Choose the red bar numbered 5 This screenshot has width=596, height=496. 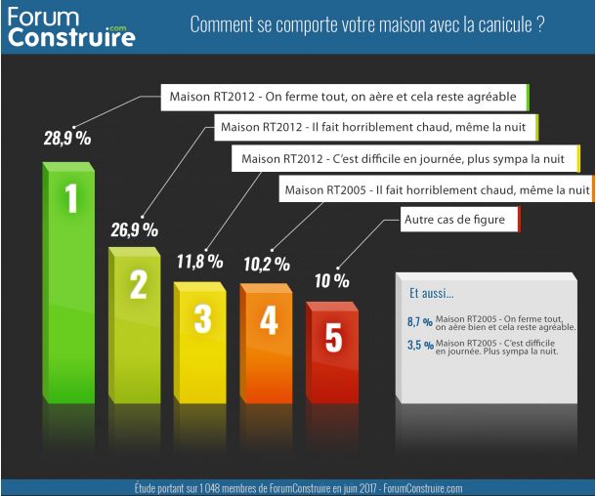[x=333, y=351]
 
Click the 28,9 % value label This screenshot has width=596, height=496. [x=66, y=138]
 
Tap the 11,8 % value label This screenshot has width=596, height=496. [x=199, y=262]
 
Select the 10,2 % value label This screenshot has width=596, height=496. [x=266, y=263]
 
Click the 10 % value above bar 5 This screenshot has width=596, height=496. [x=332, y=280]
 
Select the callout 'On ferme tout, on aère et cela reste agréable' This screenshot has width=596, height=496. [x=344, y=98]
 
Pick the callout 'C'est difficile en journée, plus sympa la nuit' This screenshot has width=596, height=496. [x=404, y=158]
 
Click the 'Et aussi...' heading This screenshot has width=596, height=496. [x=431, y=292]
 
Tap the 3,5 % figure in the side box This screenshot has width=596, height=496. [x=419, y=346]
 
